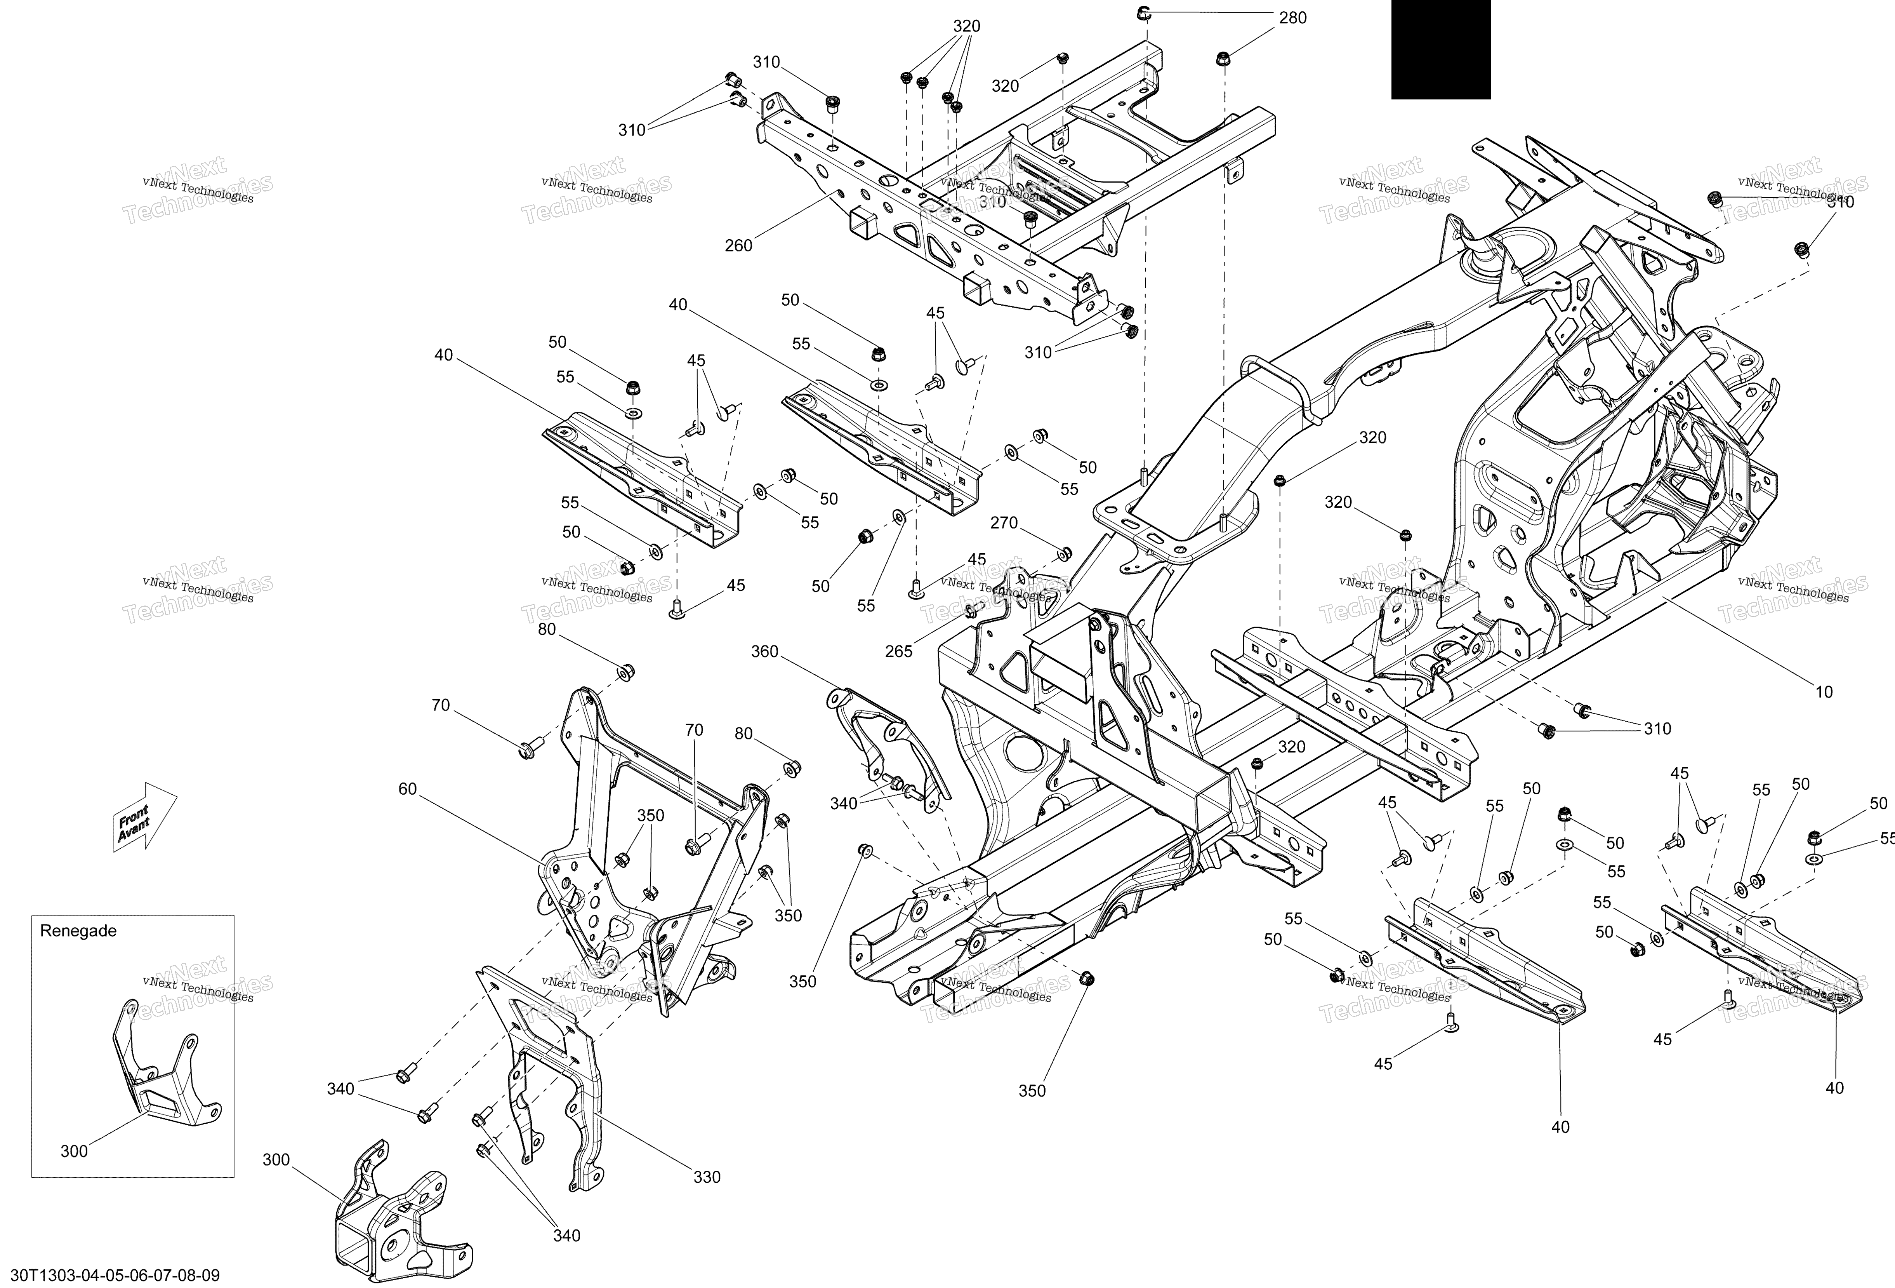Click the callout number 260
pyautogui.click(x=738, y=245)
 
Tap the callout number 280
pyautogui.click(x=1292, y=18)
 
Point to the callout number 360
pyautogui.click(x=765, y=652)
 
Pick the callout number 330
pyautogui.click(x=707, y=1177)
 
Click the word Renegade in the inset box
pyautogui.click(x=78, y=931)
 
